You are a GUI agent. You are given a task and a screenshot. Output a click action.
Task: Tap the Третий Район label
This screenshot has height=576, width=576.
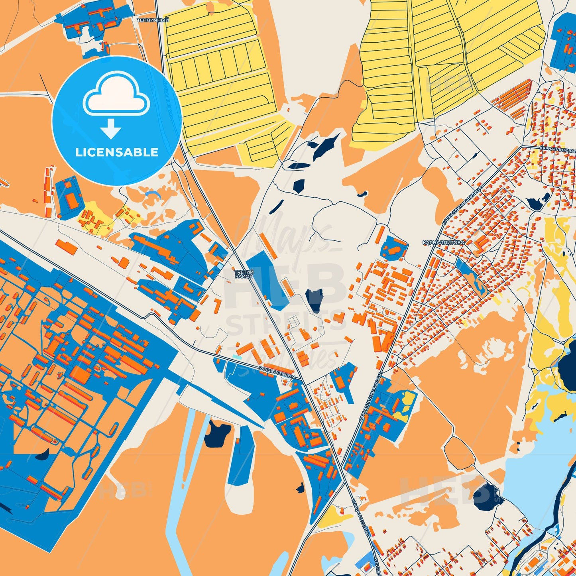point(244,273)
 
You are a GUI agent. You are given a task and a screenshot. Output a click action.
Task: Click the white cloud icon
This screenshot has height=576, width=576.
point(116,95)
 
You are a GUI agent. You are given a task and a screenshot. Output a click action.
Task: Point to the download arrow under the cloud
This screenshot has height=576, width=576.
point(111,128)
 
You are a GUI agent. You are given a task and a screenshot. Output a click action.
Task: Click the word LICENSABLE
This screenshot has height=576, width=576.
point(117,152)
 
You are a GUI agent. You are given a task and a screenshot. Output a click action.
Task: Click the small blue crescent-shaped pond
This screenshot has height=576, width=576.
point(153,194)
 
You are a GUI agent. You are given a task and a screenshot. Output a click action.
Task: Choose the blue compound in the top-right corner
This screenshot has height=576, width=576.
point(563,42)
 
